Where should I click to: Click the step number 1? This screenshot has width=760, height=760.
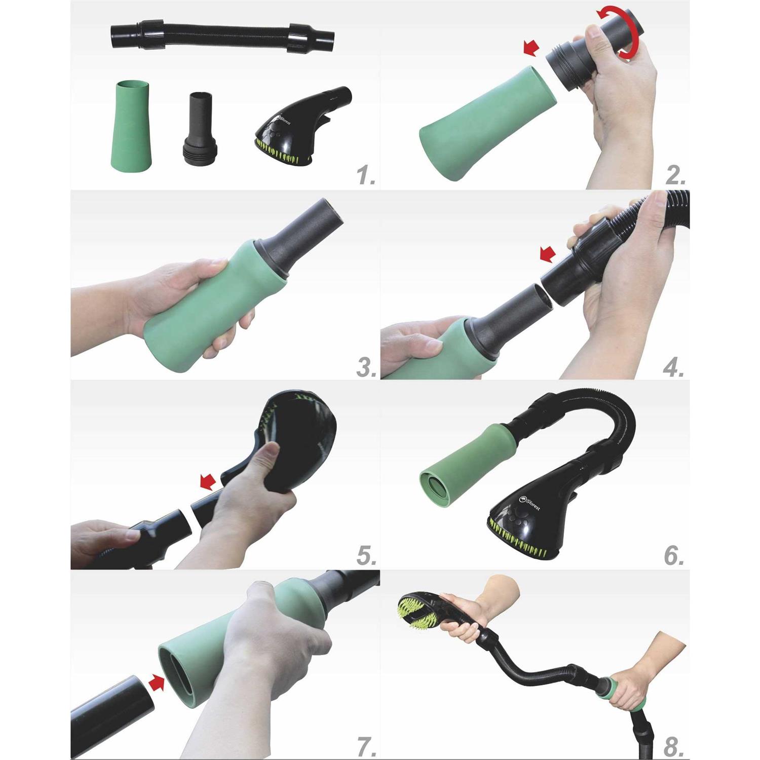pos(366,176)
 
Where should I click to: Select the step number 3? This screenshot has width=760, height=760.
pos(366,367)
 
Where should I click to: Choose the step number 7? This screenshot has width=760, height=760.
pos(366,747)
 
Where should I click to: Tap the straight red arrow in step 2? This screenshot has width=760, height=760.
pos(531,49)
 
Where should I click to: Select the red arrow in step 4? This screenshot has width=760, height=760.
pos(547,254)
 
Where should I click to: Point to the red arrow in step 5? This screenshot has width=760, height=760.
pos(208,482)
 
